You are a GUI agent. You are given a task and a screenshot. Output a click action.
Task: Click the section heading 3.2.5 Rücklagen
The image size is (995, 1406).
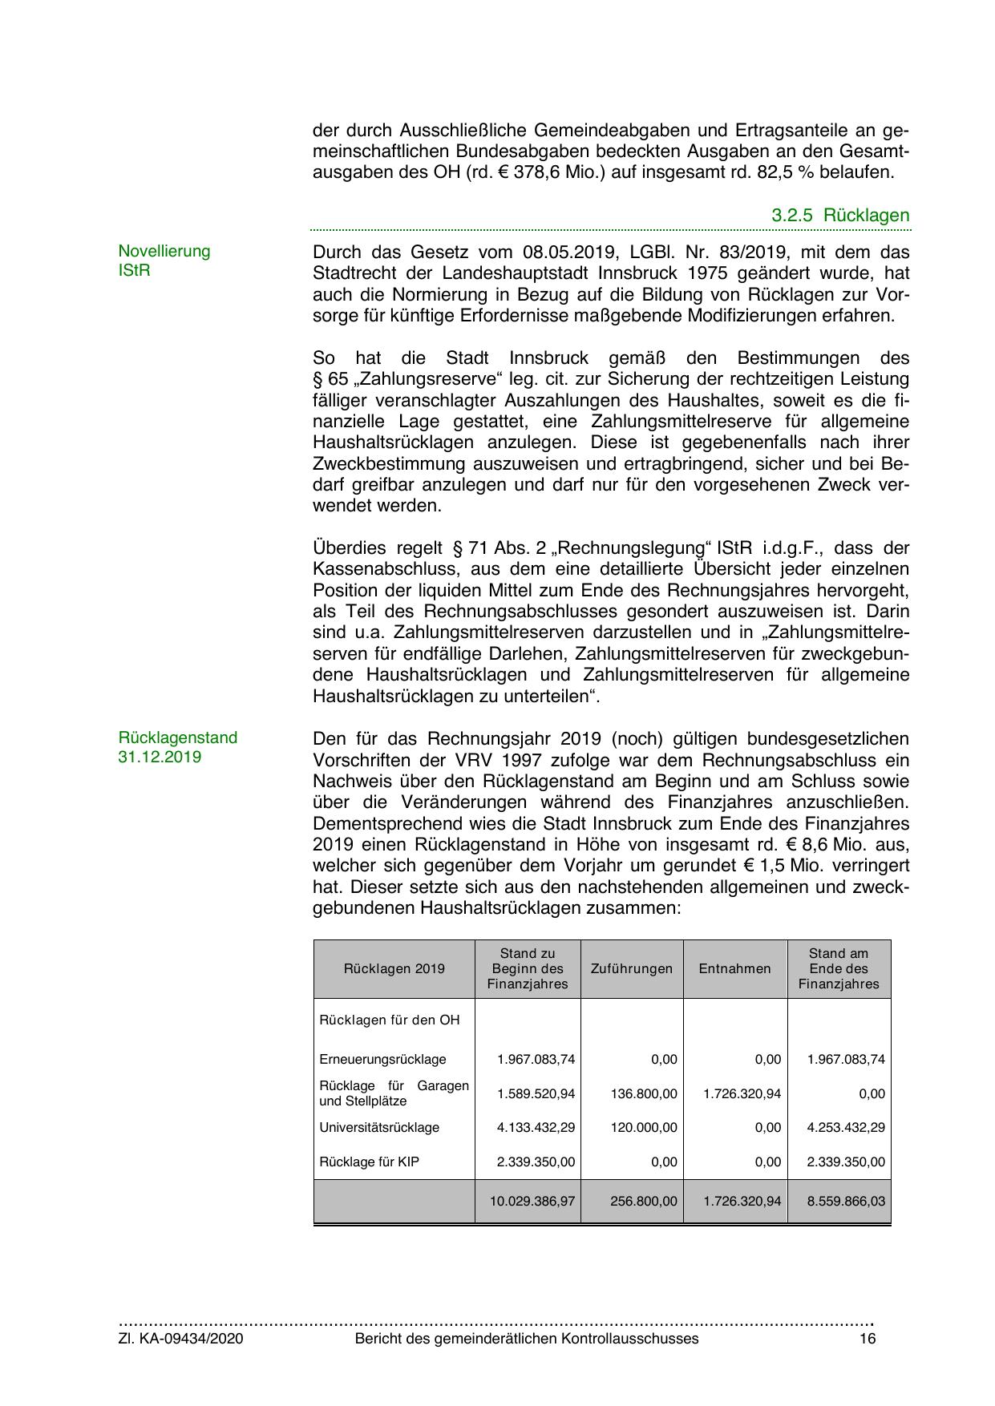[x=840, y=215]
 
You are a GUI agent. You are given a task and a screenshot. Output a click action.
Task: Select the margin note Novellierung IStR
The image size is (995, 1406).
[x=164, y=261]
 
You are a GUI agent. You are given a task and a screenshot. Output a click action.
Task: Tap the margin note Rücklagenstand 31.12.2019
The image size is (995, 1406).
[x=177, y=747]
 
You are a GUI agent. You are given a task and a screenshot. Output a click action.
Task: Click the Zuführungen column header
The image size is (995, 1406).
[x=632, y=968]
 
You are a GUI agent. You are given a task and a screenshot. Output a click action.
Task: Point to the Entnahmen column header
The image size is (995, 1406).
[x=734, y=968]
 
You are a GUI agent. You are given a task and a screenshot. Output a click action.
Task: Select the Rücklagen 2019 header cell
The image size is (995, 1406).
[x=394, y=968]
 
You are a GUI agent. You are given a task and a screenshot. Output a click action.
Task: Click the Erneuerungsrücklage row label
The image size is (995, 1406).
[x=382, y=1059]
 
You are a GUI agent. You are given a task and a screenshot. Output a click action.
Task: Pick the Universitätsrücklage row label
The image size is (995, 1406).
[x=379, y=1127]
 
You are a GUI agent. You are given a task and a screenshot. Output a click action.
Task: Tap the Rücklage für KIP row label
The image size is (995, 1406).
[x=369, y=1162]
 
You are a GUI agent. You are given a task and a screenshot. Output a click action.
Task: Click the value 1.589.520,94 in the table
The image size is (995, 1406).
[x=536, y=1093]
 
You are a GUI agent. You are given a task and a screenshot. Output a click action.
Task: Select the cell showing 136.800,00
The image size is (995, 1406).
[x=644, y=1093]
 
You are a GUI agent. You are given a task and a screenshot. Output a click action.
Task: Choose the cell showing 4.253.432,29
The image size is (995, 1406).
[x=846, y=1127]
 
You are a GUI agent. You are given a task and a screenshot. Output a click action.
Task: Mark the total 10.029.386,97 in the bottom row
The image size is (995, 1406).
[x=532, y=1201]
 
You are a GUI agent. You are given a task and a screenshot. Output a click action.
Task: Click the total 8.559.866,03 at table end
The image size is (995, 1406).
[x=846, y=1201]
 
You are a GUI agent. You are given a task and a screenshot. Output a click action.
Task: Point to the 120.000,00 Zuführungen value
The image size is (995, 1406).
[x=644, y=1127]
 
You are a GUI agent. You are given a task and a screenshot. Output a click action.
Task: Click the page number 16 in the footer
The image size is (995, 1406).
[x=867, y=1339]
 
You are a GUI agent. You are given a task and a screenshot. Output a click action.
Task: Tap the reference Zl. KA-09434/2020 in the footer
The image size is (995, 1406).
[x=180, y=1339]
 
